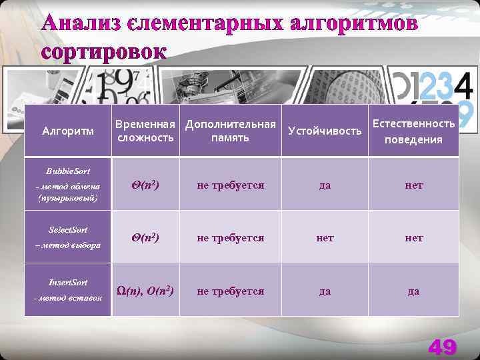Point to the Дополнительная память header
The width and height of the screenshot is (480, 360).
click(x=230, y=131)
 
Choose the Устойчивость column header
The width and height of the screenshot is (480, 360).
click(x=325, y=131)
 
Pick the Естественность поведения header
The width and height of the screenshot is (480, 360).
click(x=413, y=131)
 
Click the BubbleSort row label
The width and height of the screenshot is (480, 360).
click(x=68, y=185)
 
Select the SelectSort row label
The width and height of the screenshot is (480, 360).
click(x=68, y=237)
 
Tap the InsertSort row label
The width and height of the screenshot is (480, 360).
click(x=68, y=290)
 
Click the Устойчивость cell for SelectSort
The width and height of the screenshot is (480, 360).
click(x=325, y=237)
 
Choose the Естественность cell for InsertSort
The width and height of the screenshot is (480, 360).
click(x=413, y=291)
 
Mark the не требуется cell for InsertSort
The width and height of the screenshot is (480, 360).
click(x=230, y=291)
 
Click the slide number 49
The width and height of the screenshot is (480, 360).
click(x=442, y=347)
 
